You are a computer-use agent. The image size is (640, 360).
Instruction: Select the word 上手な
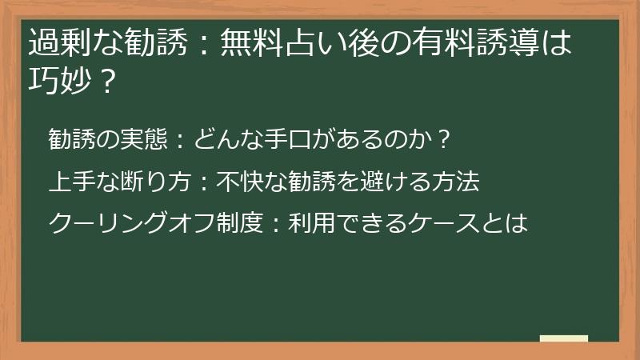[79, 182]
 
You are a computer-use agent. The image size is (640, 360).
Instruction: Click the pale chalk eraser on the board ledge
[564, 338]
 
